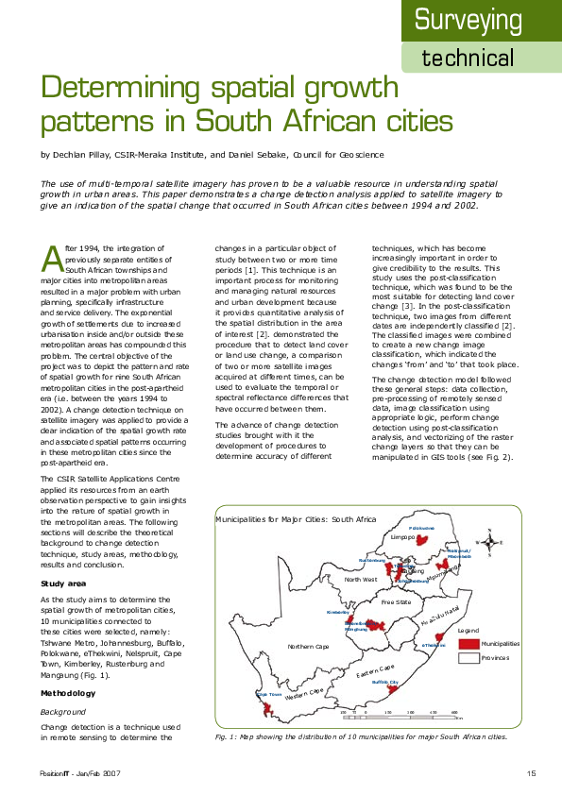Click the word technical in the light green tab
tap(468, 58)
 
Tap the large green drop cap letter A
tap(51, 256)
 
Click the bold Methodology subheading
tap(68, 693)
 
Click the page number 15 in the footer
tap(532, 774)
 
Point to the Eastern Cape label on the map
tap(375, 672)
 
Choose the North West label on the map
tap(361, 579)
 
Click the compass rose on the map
tap(489, 543)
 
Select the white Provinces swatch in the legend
tap(468, 657)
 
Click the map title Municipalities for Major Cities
tap(296, 519)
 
